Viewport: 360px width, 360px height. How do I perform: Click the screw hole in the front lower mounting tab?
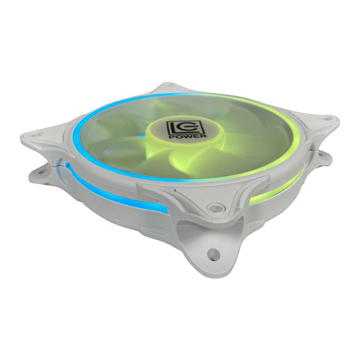coord(214,254)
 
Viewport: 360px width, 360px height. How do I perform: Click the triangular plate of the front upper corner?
coord(199,195)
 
